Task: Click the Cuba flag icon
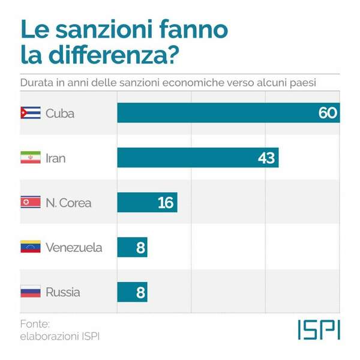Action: pyautogui.click(x=31, y=113)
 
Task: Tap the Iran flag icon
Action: pyautogui.click(x=31, y=158)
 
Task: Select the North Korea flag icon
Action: pyautogui.click(x=31, y=202)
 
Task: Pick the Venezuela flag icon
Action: pyautogui.click(x=31, y=247)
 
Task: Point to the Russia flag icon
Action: pyautogui.click(x=31, y=292)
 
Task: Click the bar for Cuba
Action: pyautogui.click(x=228, y=113)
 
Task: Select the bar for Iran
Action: pyautogui.click(x=198, y=158)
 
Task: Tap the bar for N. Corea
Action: pyautogui.click(x=147, y=202)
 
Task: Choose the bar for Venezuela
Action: pyautogui.click(x=132, y=247)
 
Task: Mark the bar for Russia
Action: pyautogui.click(x=132, y=292)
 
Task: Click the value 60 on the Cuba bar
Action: pyautogui.click(x=328, y=113)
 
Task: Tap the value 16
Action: pyautogui.click(x=165, y=203)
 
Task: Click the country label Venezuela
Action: pyautogui.click(x=74, y=247)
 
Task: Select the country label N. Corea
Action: pyautogui.click(x=68, y=203)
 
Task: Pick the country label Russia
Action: pyautogui.click(x=62, y=292)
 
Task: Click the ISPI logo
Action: pyautogui.click(x=319, y=329)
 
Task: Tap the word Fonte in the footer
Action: pyautogui.click(x=34, y=324)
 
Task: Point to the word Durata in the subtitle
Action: pyautogui.click(x=37, y=81)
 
